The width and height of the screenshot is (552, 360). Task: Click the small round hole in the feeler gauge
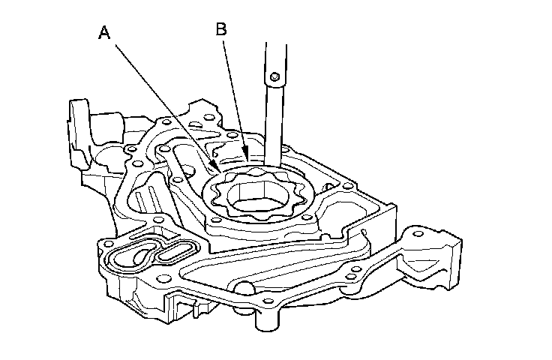[275, 77]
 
